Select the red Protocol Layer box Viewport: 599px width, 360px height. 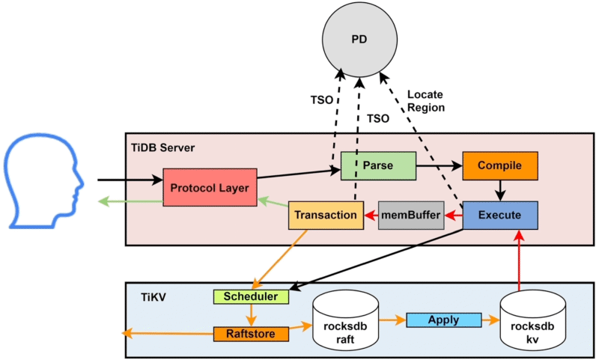pyautogui.click(x=210, y=188)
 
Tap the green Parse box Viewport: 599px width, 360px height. pyautogui.click(x=378, y=165)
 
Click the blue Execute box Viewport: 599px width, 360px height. pyautogui.click(x=499, y=215)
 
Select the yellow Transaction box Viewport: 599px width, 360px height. pyautogui.click(x=325, y=215)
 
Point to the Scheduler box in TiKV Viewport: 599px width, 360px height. pyautogui.click(x=250, y=296)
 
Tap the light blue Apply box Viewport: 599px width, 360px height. pyautogui.click(x=443, y=320)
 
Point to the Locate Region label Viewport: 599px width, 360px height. pyautogui.click(x=426, y=101)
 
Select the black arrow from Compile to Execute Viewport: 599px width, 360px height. pyautogui.click(x=499, y=189)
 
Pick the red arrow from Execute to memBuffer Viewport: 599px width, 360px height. pyautogui.click(x=452, y=216)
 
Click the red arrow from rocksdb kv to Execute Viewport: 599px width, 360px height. pyautogui.click(x=517, y=259)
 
